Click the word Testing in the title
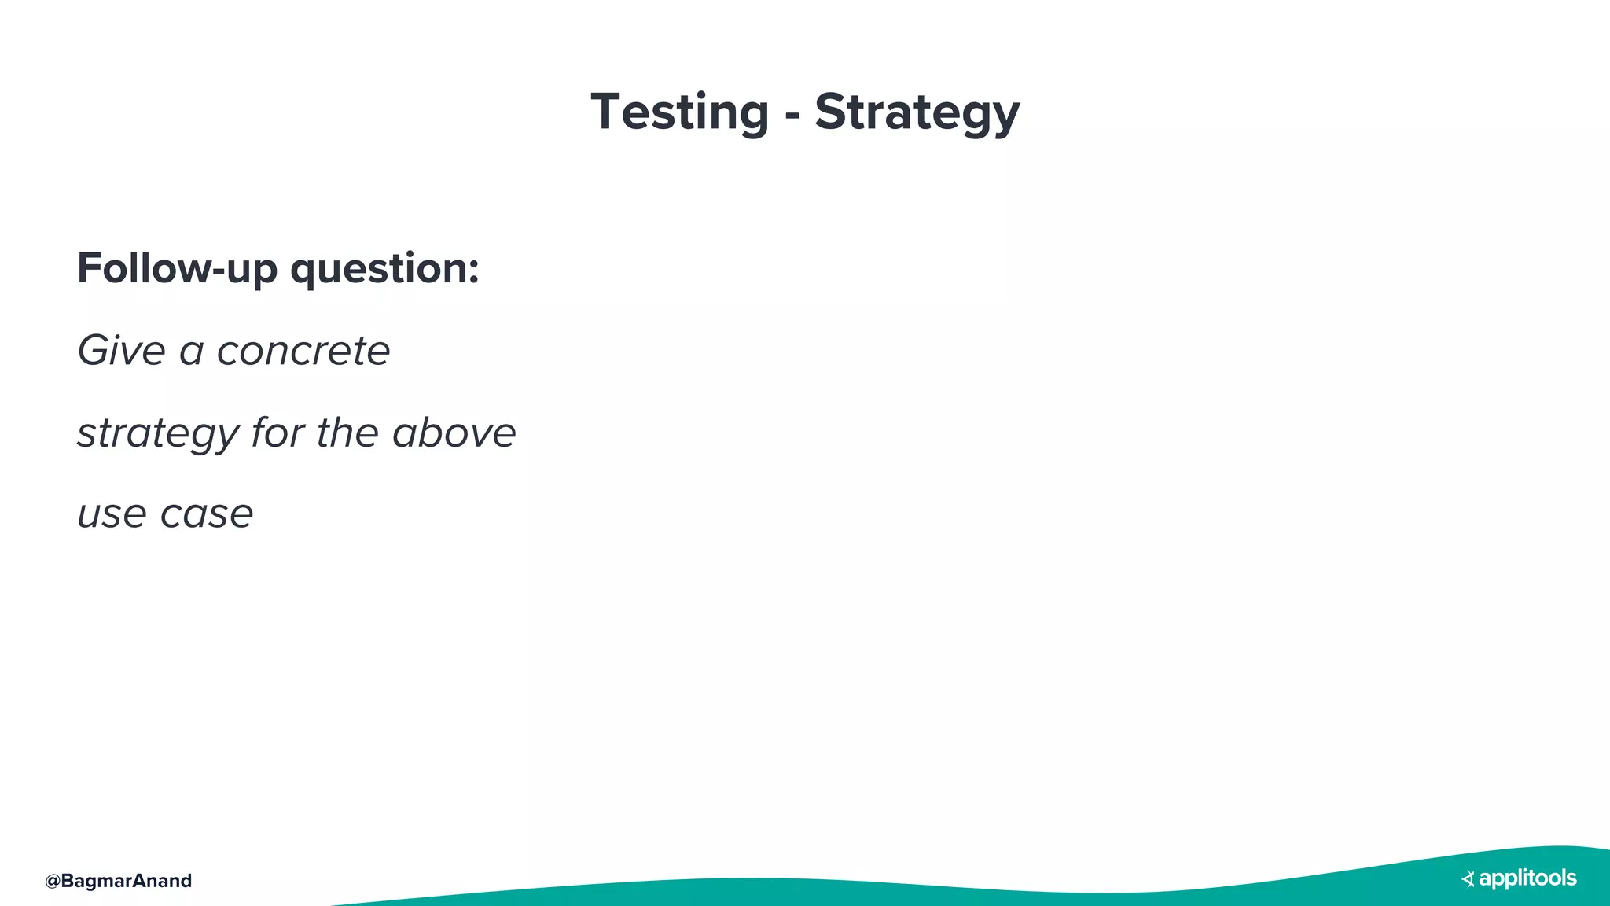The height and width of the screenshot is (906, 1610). pos(679,112)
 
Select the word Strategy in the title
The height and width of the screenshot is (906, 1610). pos(917,113)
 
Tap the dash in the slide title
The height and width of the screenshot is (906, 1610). pos(792,117)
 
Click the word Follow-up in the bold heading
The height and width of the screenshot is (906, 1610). pos(177,268)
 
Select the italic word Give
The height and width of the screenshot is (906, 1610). pos(121,350)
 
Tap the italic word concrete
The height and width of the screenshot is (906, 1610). pos(303,351)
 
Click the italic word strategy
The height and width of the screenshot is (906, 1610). pos(158,433)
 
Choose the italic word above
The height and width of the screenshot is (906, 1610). pos(454,432)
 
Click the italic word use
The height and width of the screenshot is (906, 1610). pos(112,515)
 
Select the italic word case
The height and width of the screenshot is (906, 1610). pos(207,515)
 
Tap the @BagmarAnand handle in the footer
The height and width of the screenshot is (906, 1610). pos(119,881)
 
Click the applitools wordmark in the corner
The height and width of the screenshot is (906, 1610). pos(1527,878)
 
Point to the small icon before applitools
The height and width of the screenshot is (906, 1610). pos(1468,879)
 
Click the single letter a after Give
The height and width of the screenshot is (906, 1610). pos(191,352)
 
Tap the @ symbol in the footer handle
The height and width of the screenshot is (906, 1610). pos(53,881)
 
